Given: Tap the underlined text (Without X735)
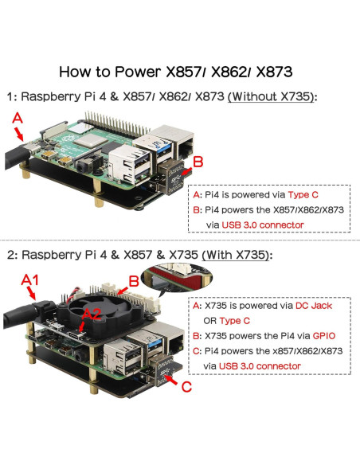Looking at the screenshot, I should [272, 96].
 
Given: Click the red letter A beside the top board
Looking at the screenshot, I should [18, 116].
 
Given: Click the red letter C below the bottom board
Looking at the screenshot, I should [185, 389].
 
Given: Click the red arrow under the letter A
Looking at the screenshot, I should [21, 135].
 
